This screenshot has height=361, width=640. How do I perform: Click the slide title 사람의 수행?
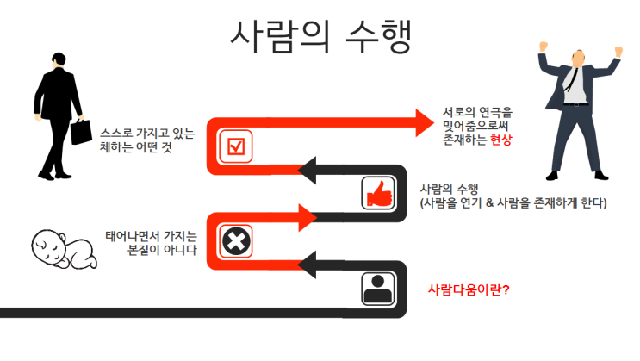click(x=319, y=35)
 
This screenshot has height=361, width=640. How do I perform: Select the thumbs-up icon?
click(x=377, y=194)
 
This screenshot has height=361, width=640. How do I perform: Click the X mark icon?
click(x=234, y=240)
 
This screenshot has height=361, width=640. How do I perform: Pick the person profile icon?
click(x=377, y=290)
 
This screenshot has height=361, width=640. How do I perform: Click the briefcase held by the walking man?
click(x=81, y=133)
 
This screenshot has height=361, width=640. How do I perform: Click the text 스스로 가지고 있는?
click(x=146, y=134)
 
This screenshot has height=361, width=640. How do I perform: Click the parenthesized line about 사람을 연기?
click(x=513, y=203)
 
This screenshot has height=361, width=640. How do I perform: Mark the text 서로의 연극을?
click(x=477, y=112)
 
